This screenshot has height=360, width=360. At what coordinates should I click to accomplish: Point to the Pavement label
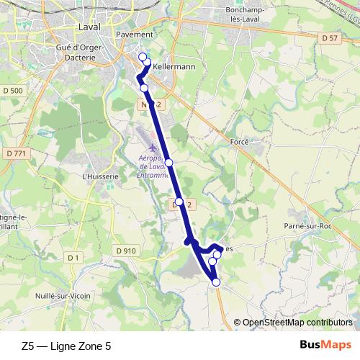pos(135,34)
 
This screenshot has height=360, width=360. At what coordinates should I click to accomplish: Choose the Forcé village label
pos(239,142)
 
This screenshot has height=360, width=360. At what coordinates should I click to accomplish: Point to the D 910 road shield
pos(125,251)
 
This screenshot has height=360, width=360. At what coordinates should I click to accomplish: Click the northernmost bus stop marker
pos(142,56)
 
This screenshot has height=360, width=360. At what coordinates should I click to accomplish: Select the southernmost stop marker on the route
pos(216,282)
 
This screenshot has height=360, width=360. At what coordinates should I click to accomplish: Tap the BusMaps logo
pos(325,345)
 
